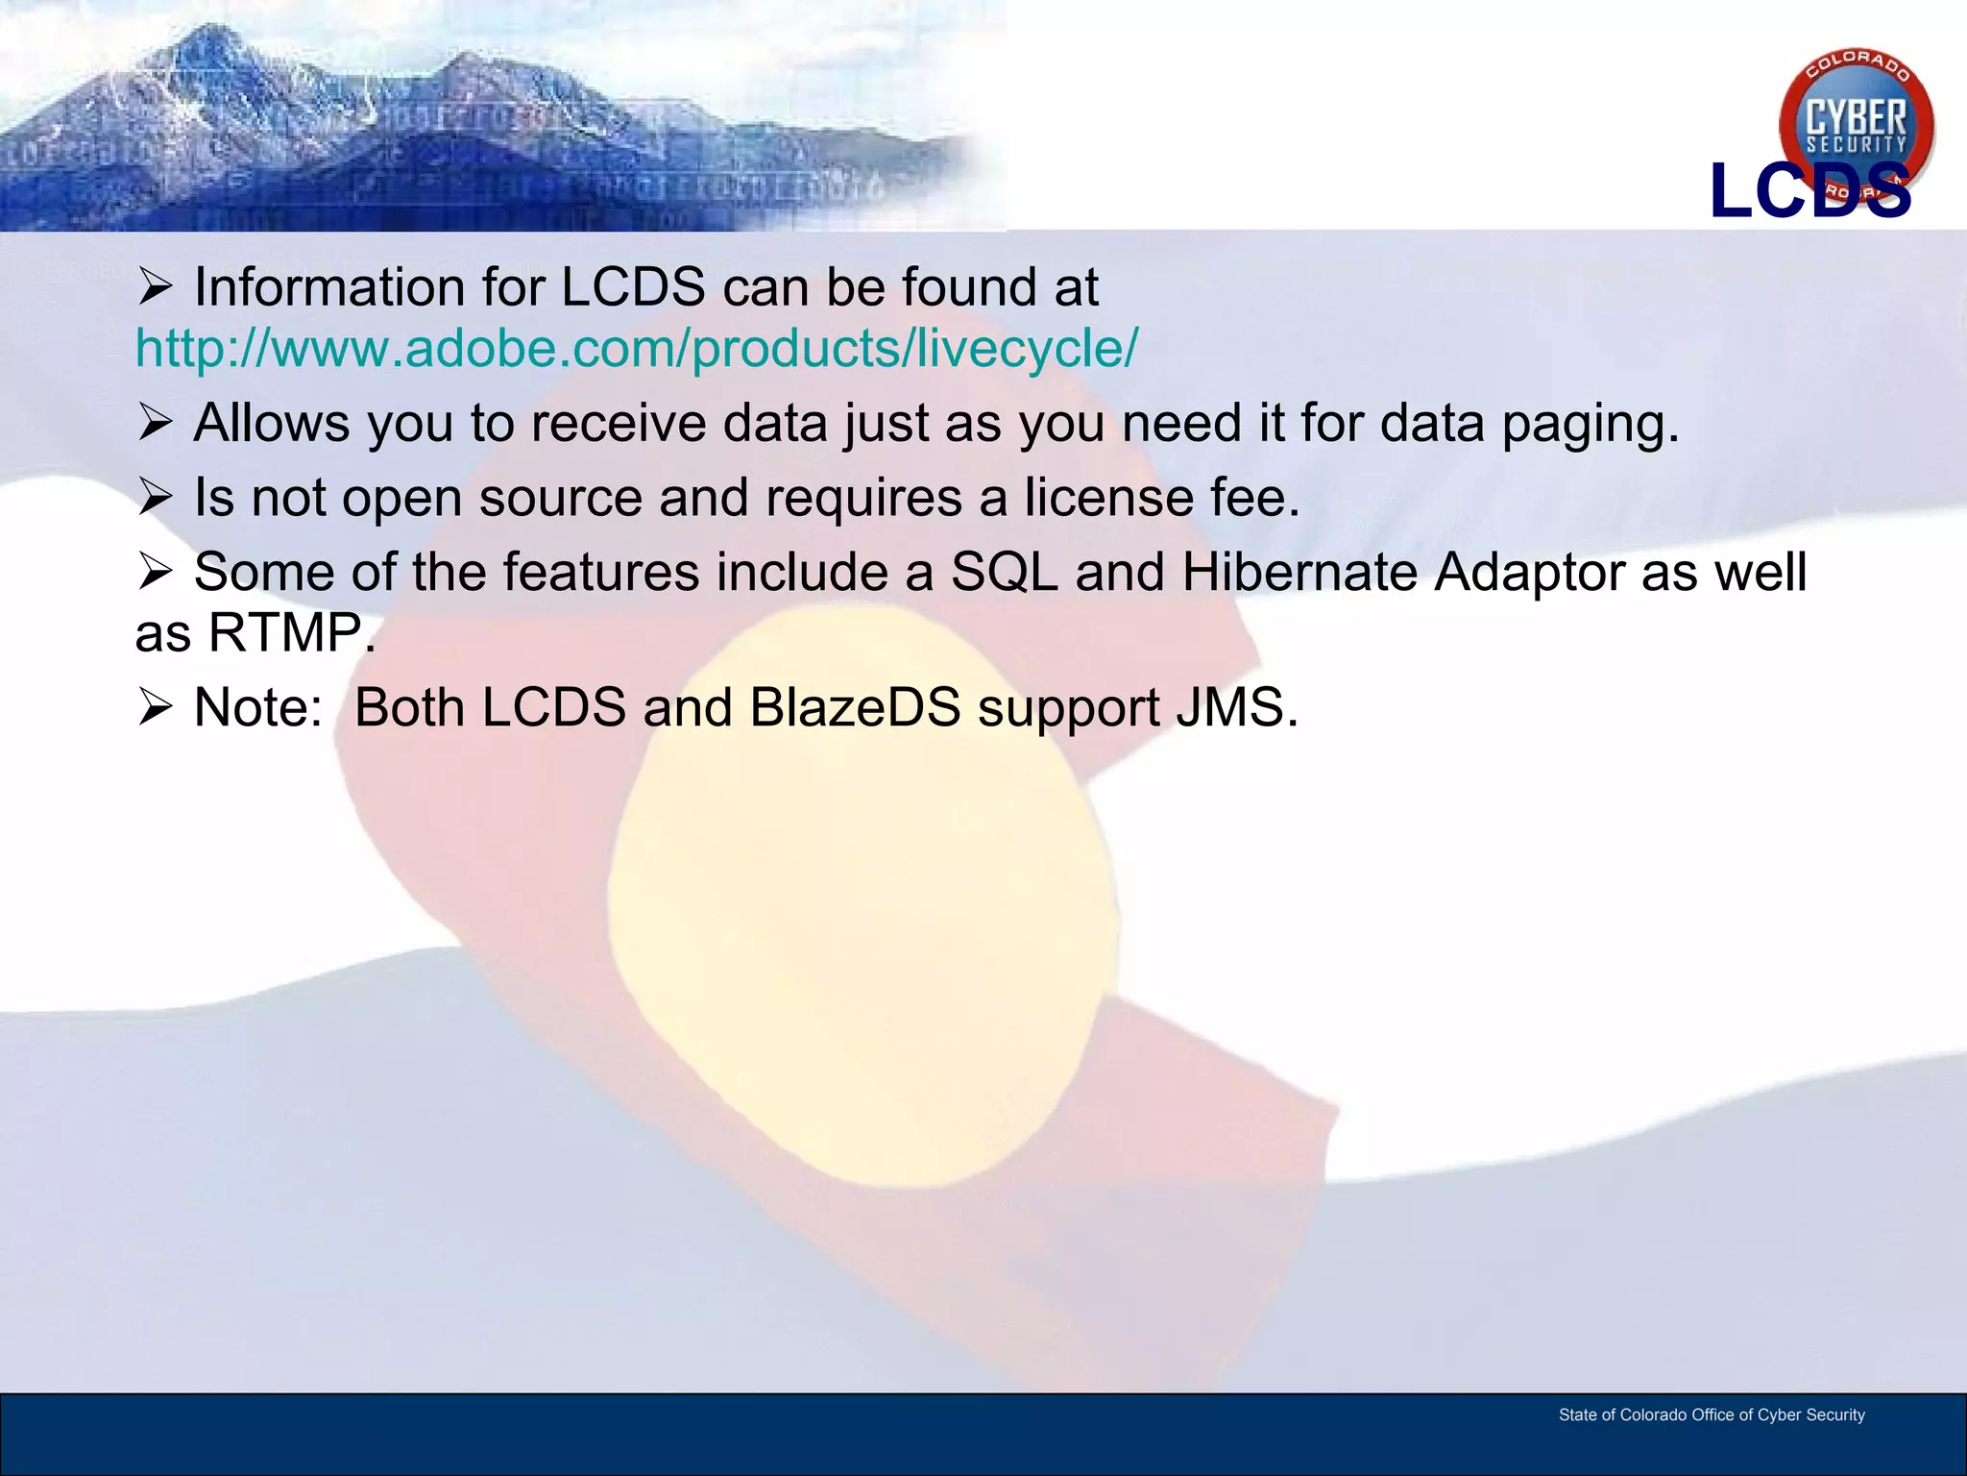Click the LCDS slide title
[x=1809, y=191]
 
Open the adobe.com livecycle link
[x=636, y=348]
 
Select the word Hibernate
[x=1299, y=572]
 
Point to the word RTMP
[x=285, y=633]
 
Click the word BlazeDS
[x=855, y=708]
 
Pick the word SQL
[x=1004, y=572]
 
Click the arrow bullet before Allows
[x=155, y=422]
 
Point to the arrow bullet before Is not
[x=155, y=497]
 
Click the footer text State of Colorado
[x=1711, y=1415]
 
